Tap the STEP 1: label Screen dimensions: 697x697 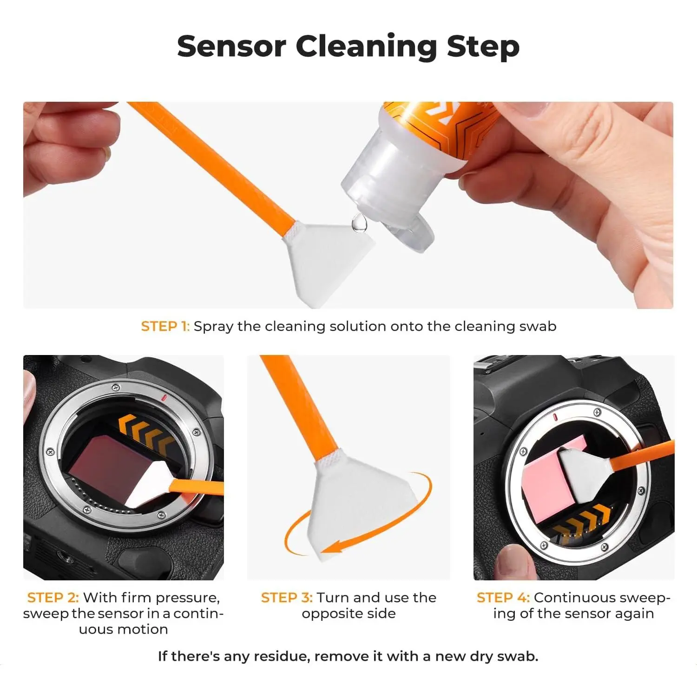point(165,326)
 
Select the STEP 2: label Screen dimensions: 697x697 point(53,597)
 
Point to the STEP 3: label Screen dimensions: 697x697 point(287,597)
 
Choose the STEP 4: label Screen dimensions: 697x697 point(503,597)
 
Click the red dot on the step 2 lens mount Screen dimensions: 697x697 point(164,398)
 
